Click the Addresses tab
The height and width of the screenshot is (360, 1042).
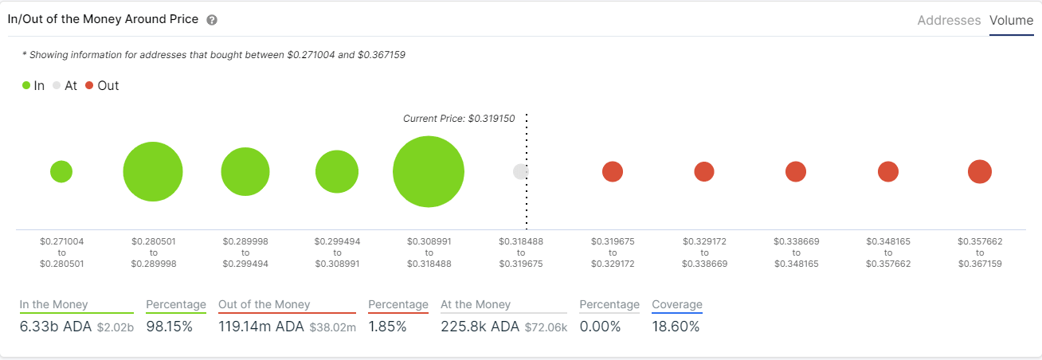(x=949, y=21)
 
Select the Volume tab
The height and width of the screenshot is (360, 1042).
(x=1011, y=21)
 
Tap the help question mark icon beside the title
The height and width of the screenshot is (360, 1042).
(x=212, y=20)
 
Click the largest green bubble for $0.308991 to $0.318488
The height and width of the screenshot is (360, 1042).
(x=429, y=172)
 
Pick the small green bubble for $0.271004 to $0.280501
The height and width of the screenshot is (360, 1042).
(x=61, y=171)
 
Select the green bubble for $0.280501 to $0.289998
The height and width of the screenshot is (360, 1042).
(x=153, y=172)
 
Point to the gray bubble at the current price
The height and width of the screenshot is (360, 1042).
(x=520, y=171)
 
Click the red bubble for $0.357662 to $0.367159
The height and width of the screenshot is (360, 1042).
(x=979, y=171)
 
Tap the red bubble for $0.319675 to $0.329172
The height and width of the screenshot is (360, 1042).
(x=612, y=171)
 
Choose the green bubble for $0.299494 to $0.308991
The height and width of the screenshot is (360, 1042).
(x=337, y=171)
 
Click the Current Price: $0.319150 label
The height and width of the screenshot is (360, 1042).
(x=459, y=119)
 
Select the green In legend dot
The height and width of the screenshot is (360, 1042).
(x=26, y=85)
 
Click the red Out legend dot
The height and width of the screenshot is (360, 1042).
(x=89, y=85)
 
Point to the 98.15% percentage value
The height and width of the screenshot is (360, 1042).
(x=170, y=327)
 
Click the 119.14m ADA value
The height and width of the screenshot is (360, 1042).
(x=260, y=327)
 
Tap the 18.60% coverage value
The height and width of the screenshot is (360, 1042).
(x=676, y=327)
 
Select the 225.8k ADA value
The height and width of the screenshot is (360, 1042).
(x=480, y=327)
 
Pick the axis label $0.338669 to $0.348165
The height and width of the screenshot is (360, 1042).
(x=796, y=252)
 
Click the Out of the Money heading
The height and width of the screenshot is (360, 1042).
(x=264, y=304)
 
